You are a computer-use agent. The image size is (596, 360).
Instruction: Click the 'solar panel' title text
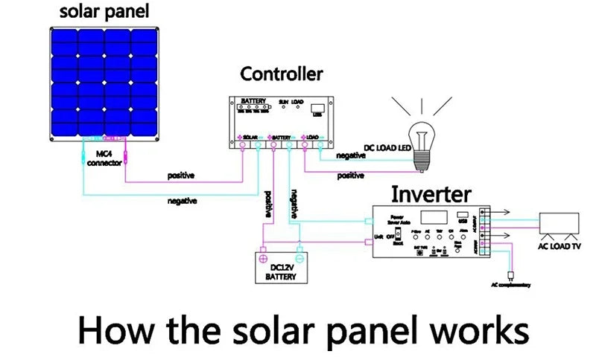coord(104,12)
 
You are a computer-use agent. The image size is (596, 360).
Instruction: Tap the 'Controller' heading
coord(281,74)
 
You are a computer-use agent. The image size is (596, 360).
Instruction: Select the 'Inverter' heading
coord(431,195)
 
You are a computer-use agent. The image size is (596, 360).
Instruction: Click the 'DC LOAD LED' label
coord(387,148)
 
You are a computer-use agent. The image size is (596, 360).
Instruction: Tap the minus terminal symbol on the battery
coord(299,250)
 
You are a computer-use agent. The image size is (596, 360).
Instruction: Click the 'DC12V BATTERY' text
coord(280,271)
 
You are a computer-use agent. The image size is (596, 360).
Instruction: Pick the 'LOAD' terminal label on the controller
coord(313,138)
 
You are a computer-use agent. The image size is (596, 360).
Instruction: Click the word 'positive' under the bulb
coord(351,176)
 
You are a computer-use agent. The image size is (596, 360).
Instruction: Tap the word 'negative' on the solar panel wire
coord(182,201)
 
